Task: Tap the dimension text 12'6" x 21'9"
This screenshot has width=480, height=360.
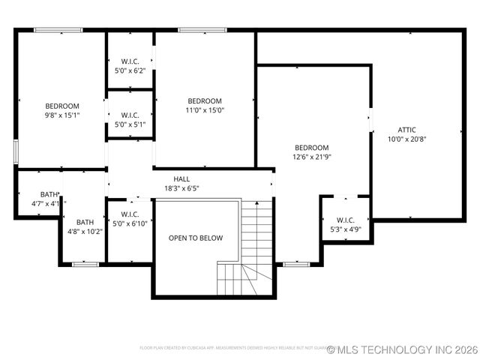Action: [311, 157]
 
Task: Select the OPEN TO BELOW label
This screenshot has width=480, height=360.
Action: [196, 238]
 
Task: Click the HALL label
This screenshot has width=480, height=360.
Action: [181, 178]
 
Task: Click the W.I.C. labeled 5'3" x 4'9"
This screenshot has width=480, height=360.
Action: [346, 220]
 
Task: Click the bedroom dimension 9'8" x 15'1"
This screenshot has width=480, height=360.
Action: [62, 115]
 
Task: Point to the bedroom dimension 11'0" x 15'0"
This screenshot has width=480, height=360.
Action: [205, 110]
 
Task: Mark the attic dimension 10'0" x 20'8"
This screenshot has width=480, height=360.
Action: [406, 139]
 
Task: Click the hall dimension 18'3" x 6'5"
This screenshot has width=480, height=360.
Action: [181, 188]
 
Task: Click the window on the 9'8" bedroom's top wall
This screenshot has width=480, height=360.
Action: [58, 30]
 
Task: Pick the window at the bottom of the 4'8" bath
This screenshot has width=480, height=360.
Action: [85, 264]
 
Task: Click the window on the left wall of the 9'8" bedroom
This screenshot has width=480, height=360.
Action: [16, 150]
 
